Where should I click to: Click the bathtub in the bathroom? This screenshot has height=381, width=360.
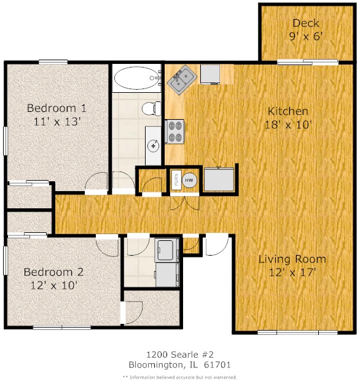[137, 78]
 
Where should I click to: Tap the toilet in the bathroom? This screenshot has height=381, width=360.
[151, 109]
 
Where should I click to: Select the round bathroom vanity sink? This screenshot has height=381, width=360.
[154, 146]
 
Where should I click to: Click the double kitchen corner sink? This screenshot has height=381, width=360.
[182, 80]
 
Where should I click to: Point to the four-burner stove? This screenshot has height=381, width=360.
[174, 132]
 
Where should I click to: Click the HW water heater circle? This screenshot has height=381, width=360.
[189, 180]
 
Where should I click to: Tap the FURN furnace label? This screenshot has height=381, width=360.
[176, 180]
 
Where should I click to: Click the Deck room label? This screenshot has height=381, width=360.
[305, 23]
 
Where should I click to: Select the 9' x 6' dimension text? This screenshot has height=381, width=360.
[306, 37]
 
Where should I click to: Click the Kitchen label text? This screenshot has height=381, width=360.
[288, 111]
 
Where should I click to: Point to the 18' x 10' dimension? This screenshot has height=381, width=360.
[288, 125]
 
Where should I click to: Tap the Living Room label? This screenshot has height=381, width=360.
[292, 259]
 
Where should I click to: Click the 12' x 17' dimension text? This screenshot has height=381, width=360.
[292, 272]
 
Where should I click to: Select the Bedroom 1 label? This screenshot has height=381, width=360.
[57, 108]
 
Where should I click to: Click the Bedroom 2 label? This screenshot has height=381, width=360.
[53, 272]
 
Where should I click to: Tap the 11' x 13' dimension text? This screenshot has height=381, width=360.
[57, 122]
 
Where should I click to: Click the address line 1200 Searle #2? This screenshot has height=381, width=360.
[180, 355]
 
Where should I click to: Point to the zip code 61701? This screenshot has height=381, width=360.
[217, 365]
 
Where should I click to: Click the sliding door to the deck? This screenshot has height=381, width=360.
[308, 62]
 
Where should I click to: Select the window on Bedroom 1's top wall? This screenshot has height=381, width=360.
[53, 62]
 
